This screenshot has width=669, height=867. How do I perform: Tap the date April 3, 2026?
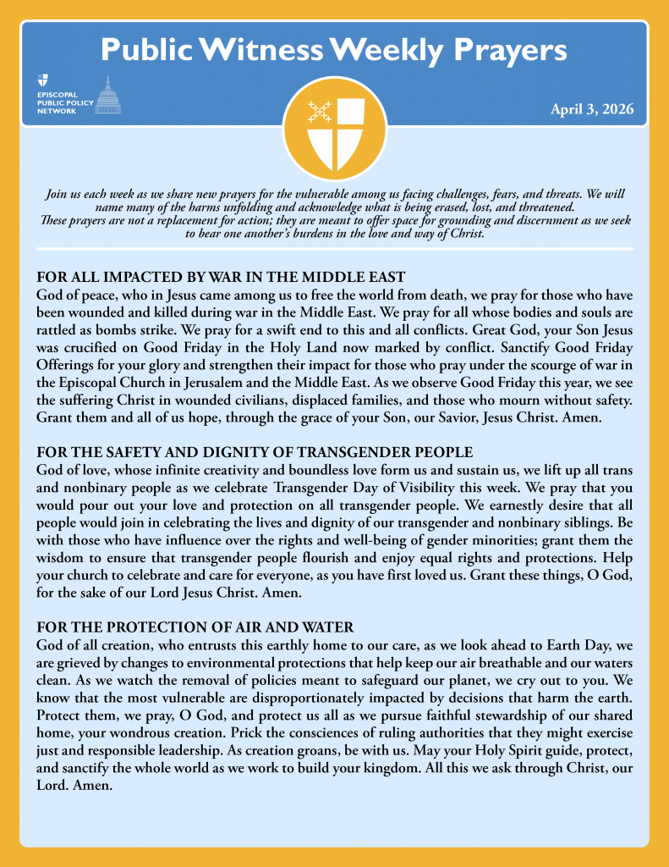(592, 109)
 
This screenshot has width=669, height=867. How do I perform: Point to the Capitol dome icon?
(107, 95)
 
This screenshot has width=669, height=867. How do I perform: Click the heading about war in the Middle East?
(222, 277)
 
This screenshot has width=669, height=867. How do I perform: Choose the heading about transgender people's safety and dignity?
(255, 452)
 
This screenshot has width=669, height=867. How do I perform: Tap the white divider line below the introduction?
(334, 249)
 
